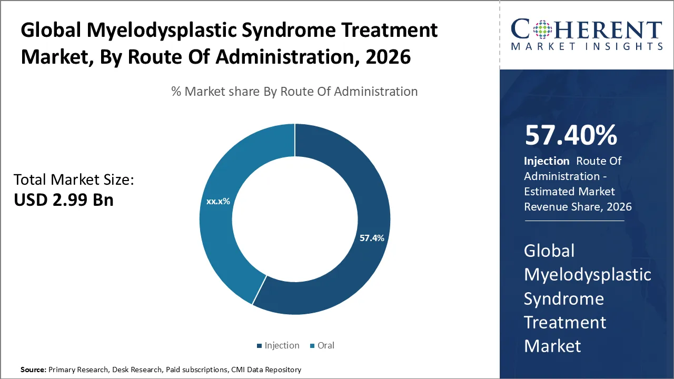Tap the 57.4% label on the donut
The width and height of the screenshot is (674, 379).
(372, 238)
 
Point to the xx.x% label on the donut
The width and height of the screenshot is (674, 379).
(218, 201)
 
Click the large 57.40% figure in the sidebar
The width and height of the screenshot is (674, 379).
(571, 135)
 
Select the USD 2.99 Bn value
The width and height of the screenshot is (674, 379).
(63, 200)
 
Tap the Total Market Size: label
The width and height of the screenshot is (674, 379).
(74, 180)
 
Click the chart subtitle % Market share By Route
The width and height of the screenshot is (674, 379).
(294, 92)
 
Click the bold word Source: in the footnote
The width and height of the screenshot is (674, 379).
(33, 370)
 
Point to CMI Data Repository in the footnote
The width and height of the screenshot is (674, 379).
(266, 370)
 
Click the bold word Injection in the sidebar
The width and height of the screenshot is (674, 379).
(547, 161)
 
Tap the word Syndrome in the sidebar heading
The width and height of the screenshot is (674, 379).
(563, 298)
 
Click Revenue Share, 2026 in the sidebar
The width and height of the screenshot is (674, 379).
(578, 206)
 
